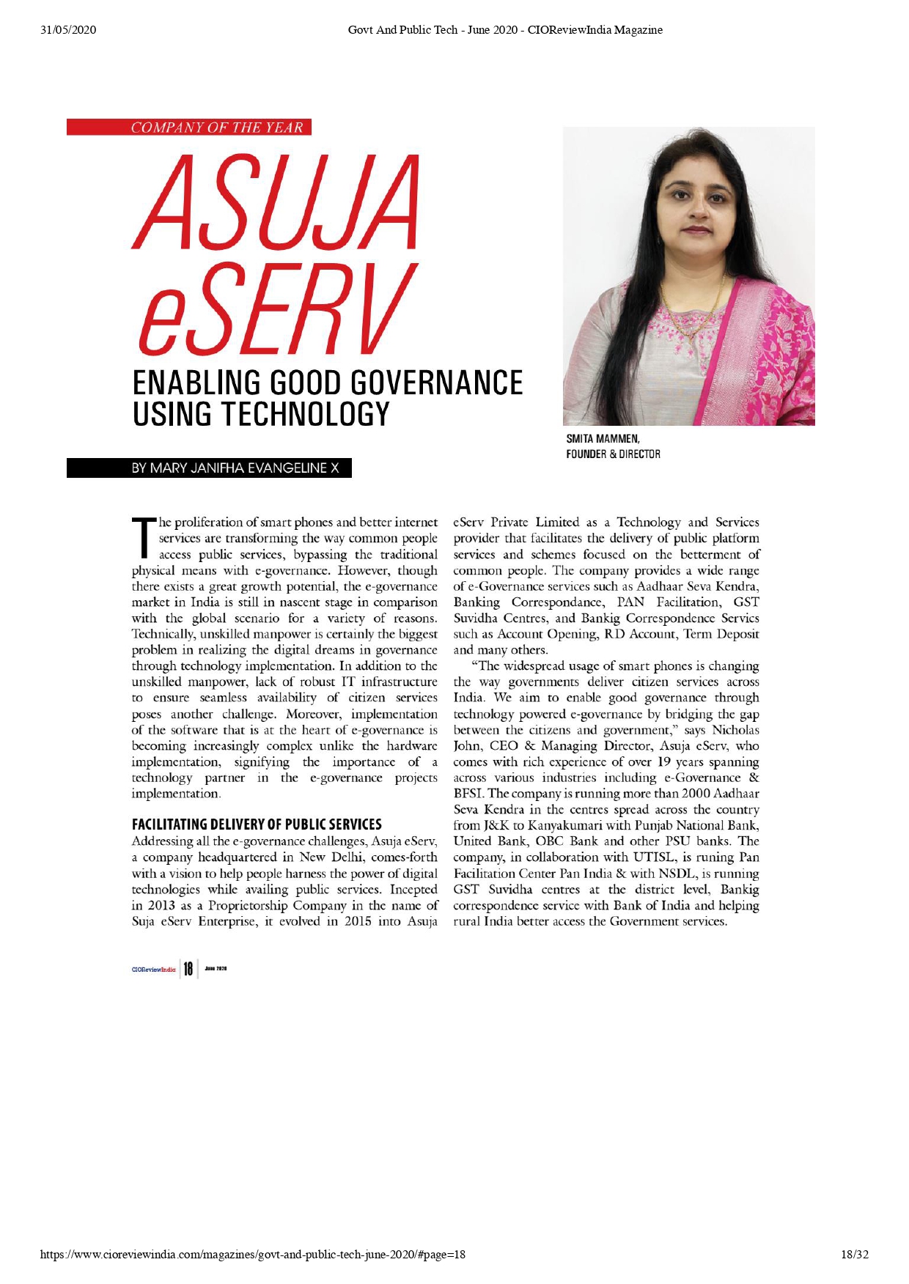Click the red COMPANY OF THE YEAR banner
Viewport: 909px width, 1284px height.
[189, 128]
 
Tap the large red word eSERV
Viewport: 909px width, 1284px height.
[276, 309]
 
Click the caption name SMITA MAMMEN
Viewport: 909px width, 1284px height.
[603, 439]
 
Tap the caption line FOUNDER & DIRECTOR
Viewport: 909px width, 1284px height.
[613, 454]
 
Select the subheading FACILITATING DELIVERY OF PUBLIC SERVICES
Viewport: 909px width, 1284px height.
[257, 824]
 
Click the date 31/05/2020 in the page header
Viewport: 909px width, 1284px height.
[69, 30]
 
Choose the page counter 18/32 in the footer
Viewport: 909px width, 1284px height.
[854, 1254]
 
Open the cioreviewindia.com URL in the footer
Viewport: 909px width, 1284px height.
[253, 1254]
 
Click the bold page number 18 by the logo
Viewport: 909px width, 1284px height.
[188, 969]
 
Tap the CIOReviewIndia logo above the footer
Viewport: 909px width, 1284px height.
[154, 970]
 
